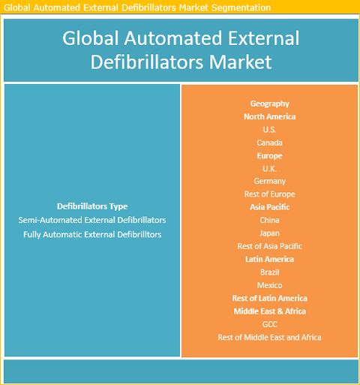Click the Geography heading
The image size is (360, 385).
[270, 104]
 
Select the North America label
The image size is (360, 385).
[270, 116]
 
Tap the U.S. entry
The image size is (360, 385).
[269, 130]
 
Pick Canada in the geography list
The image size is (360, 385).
[269, 143]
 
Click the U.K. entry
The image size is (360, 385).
[269, 169]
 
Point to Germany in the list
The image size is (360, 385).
[270, 182]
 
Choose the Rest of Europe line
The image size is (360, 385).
[270, 194]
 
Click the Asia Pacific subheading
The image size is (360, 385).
[270, 207]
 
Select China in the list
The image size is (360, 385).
[269, 220]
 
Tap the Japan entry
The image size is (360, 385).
[269, 233]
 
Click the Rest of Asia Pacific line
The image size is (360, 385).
[270, 246]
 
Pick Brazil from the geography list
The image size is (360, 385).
[269, 272]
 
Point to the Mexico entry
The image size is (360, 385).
[270, 285]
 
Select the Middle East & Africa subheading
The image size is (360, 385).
[270, 311]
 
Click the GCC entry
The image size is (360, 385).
[270, 324]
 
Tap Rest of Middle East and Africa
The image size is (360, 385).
[269, 338]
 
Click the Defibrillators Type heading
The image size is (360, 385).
[92, 206]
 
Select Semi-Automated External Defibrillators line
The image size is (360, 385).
[92, 220]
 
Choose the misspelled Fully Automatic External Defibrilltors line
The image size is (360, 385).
[92, 235]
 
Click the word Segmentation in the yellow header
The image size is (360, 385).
[241, 8]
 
